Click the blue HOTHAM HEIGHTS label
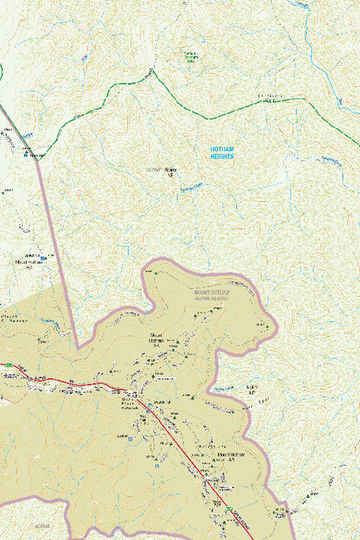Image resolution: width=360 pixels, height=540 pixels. (221, 153)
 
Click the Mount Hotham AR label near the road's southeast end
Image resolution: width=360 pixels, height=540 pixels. (232, 457)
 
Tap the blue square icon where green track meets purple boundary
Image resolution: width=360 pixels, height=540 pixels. (31, 155)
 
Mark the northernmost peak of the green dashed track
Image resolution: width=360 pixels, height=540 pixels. (152, 71)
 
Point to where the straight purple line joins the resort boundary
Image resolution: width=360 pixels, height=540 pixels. (78, 347)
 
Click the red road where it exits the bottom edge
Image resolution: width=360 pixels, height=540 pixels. (253, 538)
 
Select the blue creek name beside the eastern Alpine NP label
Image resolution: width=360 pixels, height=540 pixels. (223, 388)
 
